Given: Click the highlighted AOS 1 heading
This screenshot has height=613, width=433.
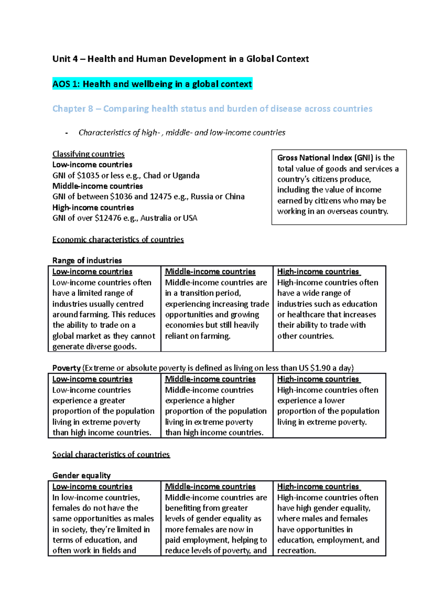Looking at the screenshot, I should (x=152, y=84).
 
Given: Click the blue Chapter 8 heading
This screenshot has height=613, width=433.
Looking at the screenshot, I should (x=212, y=109).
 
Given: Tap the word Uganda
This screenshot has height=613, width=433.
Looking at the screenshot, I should (x=186, y=175).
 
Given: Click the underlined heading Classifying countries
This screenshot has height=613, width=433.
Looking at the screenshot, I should (x=88, y=154).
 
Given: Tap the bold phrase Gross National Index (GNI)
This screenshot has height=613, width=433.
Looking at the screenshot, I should (x=325, y=158).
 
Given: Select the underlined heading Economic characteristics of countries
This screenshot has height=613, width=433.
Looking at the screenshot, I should (x=118, y=239).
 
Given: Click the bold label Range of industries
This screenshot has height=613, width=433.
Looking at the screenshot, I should (x=87, y=261).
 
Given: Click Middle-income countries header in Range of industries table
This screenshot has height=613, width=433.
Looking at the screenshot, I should (x=210, y=271).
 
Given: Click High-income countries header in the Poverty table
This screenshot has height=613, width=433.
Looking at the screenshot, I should (x=318, y=379).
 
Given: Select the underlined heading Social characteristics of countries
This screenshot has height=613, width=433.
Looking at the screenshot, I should (x=111, y=454).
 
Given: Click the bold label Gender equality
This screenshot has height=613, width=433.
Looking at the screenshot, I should (x=82, y=475).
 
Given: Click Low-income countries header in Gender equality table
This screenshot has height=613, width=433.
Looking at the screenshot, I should (x=92, y=487).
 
